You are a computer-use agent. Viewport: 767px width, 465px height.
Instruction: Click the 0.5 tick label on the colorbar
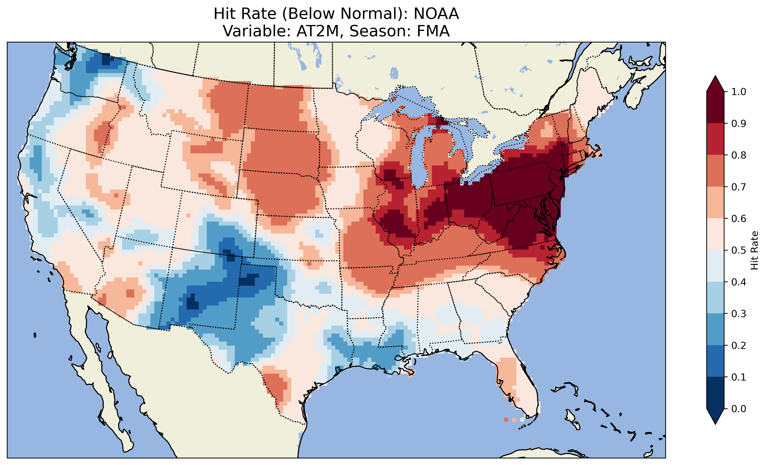coord(739,250)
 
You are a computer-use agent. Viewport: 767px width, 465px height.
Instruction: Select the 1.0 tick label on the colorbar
coord(739,92)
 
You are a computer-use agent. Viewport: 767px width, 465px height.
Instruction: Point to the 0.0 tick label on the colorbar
coord(739,409)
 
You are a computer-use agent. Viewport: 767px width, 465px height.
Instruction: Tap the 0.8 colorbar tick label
coord(739,155)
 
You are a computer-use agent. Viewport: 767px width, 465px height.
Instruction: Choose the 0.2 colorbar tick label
coord(739,345)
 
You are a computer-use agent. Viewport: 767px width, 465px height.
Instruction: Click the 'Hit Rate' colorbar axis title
coord(754,250)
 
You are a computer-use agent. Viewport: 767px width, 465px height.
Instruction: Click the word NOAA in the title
coord(436,14)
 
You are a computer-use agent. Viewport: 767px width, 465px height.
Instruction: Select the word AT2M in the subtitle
coord(317,31)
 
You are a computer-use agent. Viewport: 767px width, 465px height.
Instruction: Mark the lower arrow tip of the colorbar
coord(715,424)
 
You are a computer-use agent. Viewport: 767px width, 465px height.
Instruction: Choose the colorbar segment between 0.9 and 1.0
coord(715,107)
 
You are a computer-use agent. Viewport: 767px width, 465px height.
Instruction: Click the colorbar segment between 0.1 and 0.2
coord(715,361)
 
